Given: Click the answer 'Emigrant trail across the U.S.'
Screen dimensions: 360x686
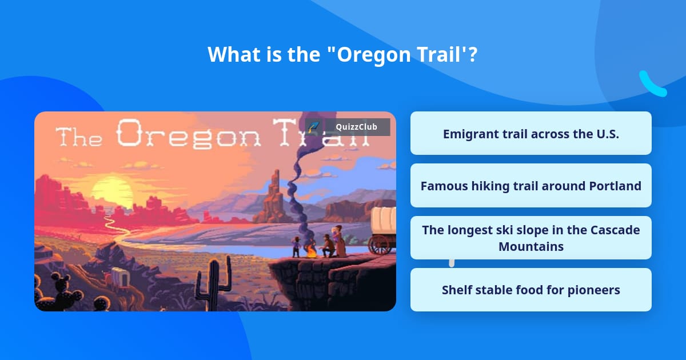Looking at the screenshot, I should pyautogui.click(x=531, y=134).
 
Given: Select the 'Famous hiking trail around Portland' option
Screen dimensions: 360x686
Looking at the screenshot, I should pyautogui.click(x=531, y=186).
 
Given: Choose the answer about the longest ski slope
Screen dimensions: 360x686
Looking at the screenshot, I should pyautogui.click(x=531, y=238).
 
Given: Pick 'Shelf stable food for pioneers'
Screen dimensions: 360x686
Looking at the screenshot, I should pyautogui.click(x=531, y=290).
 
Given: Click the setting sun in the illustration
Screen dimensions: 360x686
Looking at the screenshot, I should pyautogui.click(x=113, y=191).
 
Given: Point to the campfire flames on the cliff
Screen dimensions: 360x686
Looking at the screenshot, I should pyautogui.click(x=310, y=250).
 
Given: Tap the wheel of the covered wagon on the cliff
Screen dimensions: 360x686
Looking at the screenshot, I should pyautogui.click(x=378, y=245).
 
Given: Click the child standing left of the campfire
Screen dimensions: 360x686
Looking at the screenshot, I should pyautogui.click(x=296, y=246).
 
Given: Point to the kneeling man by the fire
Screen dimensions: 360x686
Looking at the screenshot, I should pyautogui.click(x=328, y=246).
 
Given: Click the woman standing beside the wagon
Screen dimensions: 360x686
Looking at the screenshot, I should pyautogui.click(x=340, y=240).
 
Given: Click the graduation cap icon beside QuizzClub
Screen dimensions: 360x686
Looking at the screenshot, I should pyautogui.click(x=313, y=127).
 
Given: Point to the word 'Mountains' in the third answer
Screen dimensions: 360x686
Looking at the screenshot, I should pyautogui.click(x=531, y=246).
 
